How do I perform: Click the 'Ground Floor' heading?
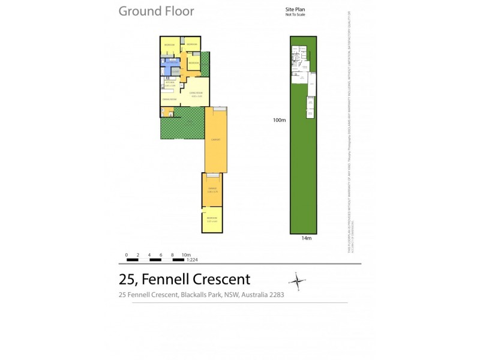tap(156, 11)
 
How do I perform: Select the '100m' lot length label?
tap(278, 120)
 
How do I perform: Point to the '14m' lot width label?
tap(306, 238)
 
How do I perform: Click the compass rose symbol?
tap(297, 281)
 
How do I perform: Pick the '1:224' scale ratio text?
tap(193, 260)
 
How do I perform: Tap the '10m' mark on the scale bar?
tap(185, 254)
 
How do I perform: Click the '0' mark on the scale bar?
tap(127, 254)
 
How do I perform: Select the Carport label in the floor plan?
tap(215, 140)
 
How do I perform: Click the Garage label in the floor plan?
tap(212, 189)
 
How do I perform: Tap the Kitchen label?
tap(169, 83)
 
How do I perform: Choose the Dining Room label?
tap(169, 99)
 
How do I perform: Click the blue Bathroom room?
tap(169, 62)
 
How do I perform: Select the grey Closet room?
tap(175, 71)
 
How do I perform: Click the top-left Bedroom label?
tap(169, 45)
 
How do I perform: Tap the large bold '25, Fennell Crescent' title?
tap(185, 279)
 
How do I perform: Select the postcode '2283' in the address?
tap(274, 295)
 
